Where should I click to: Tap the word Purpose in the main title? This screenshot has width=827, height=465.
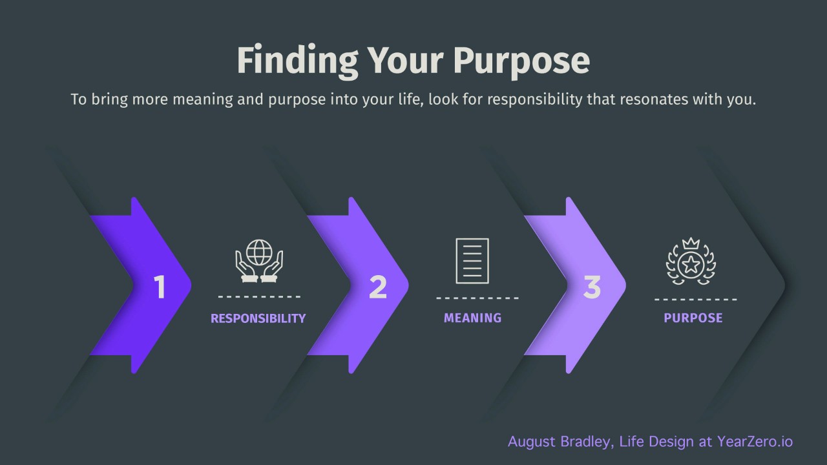click(x=521, y=61)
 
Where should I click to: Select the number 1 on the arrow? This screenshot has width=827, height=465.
click(x=160, y=287)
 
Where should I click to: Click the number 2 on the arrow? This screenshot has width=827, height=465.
click(x=377, y=287)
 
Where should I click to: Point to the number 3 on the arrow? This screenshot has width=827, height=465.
click(x=592, y=287)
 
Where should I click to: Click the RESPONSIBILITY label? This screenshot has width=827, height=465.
click(x=258, y=318)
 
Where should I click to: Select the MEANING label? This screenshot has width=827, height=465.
click(x=472, y=318)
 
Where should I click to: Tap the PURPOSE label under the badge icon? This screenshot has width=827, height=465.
click(x=693, y=318)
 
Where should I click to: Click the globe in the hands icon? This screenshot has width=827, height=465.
click(x=259, y=253)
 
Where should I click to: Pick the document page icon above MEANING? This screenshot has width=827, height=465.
click(x=472, y=261)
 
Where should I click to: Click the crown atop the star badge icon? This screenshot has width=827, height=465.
click(x=691, y=244)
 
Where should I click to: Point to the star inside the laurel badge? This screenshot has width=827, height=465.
click(x=691, y=263)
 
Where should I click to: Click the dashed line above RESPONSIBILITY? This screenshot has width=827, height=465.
click(x=259, y=297)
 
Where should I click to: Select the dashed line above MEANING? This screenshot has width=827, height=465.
click(x=477, y=298)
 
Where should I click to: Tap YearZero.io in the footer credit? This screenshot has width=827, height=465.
click(x=755, y=442)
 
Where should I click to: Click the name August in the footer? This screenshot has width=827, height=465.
click(x=530, y=442)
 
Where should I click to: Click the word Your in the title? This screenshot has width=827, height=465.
click(x=405, y=61)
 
